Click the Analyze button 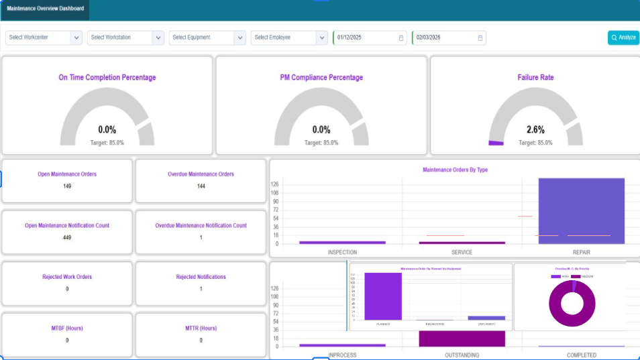tap(623, 38)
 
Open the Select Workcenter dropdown tap(44, 38)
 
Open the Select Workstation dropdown tap(125, 38)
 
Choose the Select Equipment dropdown tap(207, 38)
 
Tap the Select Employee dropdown tap(289, 38)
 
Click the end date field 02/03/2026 tap(449, 38)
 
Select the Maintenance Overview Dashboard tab tap(46, 9)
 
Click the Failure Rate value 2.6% tap(535, 129)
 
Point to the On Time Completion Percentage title tap(107, 78)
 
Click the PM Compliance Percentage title tap(321, 78)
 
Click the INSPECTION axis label tap(342, 253)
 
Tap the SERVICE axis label tap(462, 253)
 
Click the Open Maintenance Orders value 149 tap(67, 186)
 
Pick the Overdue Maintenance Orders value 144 tap(201, 186)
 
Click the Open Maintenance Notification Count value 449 tap(67, 237)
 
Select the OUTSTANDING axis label tap(462, 355)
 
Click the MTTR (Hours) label tap(201, 328)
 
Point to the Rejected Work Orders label tap(67, 277)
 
